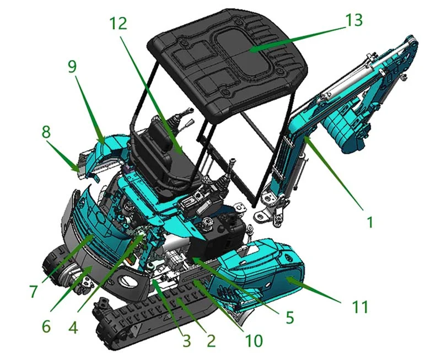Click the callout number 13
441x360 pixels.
pos(354,20)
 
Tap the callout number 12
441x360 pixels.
pos(118,23)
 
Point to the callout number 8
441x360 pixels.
pos(46,133)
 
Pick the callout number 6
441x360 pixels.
pos(46,326)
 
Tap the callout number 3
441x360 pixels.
pos(187,340)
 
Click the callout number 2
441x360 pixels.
pos(210,340)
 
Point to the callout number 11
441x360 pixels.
pos(361,307)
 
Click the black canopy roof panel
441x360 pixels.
pos(232,61)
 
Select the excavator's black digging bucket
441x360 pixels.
pos(345,132)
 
